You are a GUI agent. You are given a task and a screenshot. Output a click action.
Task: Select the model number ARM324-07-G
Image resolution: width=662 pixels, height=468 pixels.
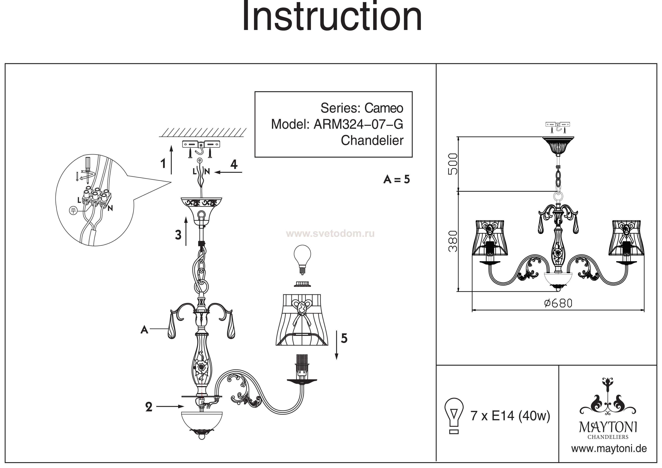tap(358, 124)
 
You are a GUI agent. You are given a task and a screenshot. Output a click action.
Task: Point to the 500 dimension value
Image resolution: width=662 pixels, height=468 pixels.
tap(453, 164)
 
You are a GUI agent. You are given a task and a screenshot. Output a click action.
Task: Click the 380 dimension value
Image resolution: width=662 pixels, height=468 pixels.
tap(453, 241)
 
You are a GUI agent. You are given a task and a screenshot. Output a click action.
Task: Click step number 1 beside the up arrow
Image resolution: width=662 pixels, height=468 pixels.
tap(163, 164)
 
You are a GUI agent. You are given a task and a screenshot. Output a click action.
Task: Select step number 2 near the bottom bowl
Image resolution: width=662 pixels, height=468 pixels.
tap(149, 407)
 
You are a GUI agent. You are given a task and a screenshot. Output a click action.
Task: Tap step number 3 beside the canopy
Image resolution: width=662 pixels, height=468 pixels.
tap(178, 235)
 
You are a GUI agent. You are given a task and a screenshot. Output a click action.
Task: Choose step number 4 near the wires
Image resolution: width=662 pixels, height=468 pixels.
tap(234, 164)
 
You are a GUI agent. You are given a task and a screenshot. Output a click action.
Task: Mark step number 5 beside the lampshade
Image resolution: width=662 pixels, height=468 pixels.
tap(344, 338)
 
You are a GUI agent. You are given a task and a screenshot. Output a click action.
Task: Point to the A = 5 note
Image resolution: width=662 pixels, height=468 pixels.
tap(396, 180)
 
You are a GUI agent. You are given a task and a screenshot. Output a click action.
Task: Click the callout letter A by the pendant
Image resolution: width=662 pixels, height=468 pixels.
tap(144, 329)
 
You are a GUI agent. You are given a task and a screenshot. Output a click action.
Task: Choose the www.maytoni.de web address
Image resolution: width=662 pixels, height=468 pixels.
tap(609, 448)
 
